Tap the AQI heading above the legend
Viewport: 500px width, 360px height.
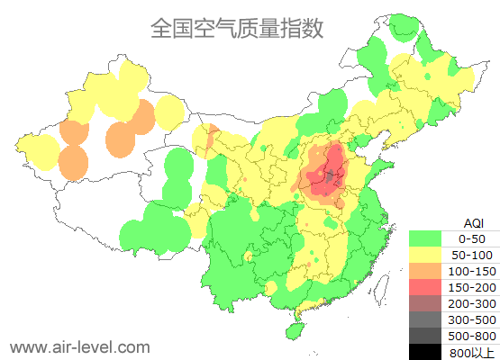click(x=472, y=222)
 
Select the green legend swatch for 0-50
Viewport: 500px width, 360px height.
click(x=426, y=238)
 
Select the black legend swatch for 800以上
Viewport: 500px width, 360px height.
click(x=426, y=352)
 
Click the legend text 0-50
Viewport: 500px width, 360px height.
click(x=471, y=238)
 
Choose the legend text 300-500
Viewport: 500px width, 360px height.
click(x=471, y=319)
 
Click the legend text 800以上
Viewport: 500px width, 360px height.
click(x=471, y=352)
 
